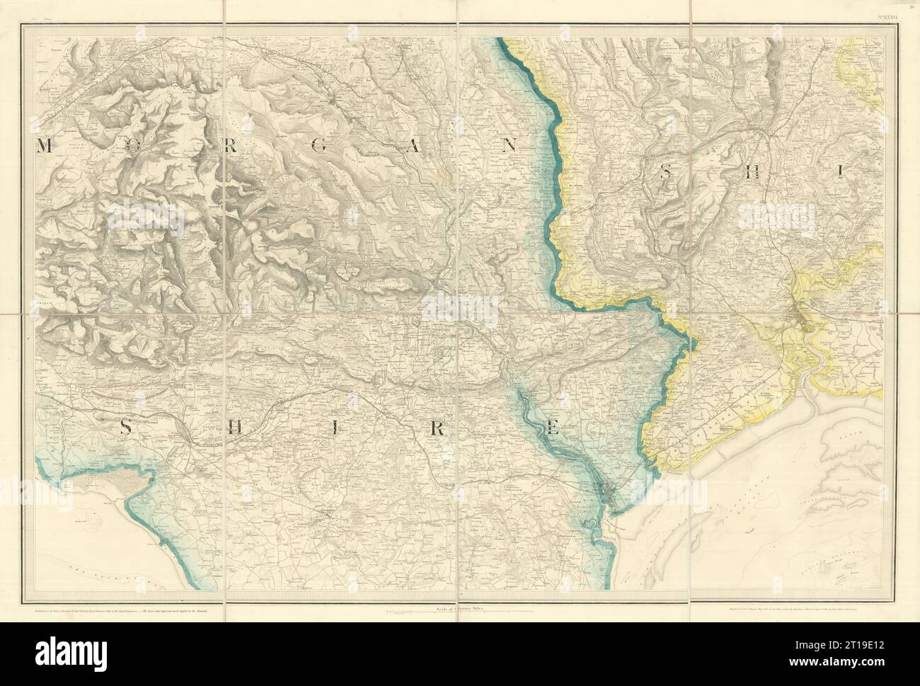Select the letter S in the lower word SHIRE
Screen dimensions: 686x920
tap(125, 427)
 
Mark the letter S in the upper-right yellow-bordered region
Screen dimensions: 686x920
tap(666, 170)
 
